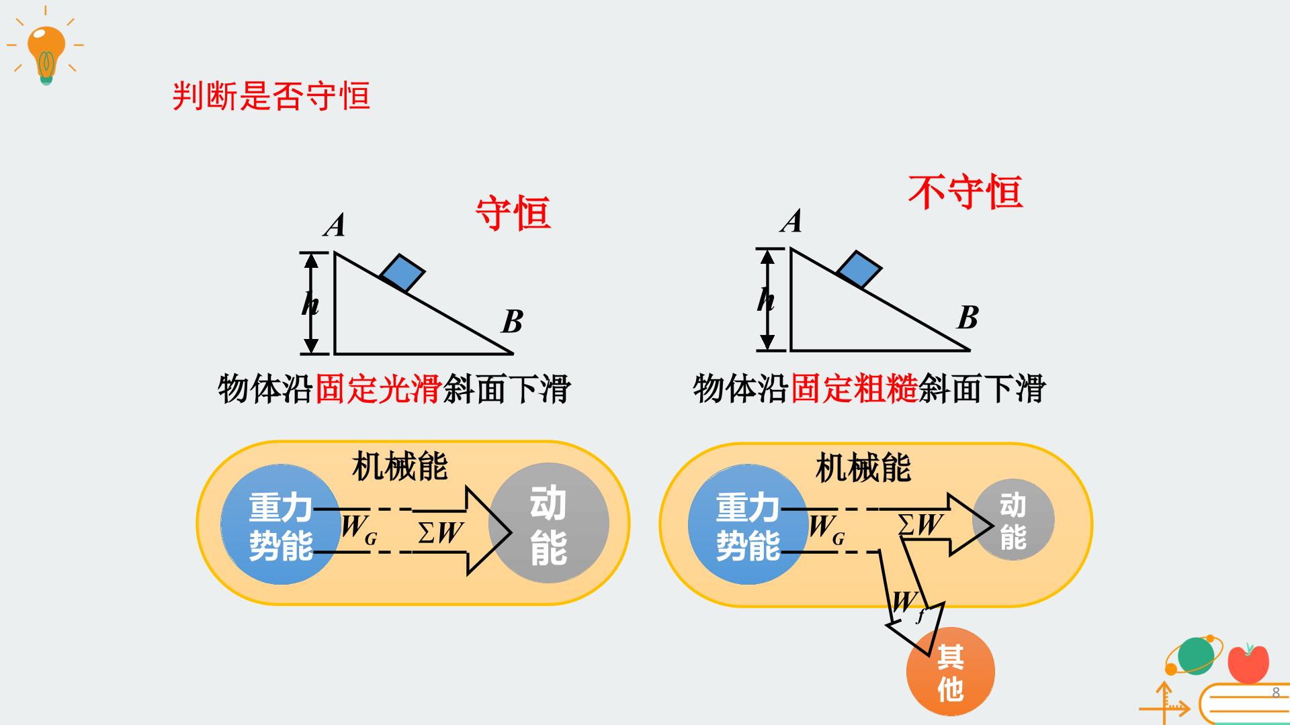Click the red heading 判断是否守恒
click(x=271, y=96)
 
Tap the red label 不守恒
click(x=965, y=193)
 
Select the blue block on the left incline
click(x=402, y=273)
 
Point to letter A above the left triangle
click(x=335, y=226)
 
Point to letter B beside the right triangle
click(x=968, y=318)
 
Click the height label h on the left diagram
click(x=310, y=304)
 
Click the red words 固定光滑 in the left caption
click(x=378, y=389)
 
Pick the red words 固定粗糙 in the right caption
click(x=854, y=389)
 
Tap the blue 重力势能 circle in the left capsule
click(x=281, y=525)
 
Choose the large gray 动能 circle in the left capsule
click(x=549, y=524)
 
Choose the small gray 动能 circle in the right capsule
click(x=1013, y=520)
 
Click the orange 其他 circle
click(x=951, y=671)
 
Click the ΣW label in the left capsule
click(x=441, y=532)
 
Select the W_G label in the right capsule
click(x=826, y=529)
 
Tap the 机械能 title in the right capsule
click(x=863, y=468)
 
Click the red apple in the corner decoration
click(x=1248, y=663)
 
